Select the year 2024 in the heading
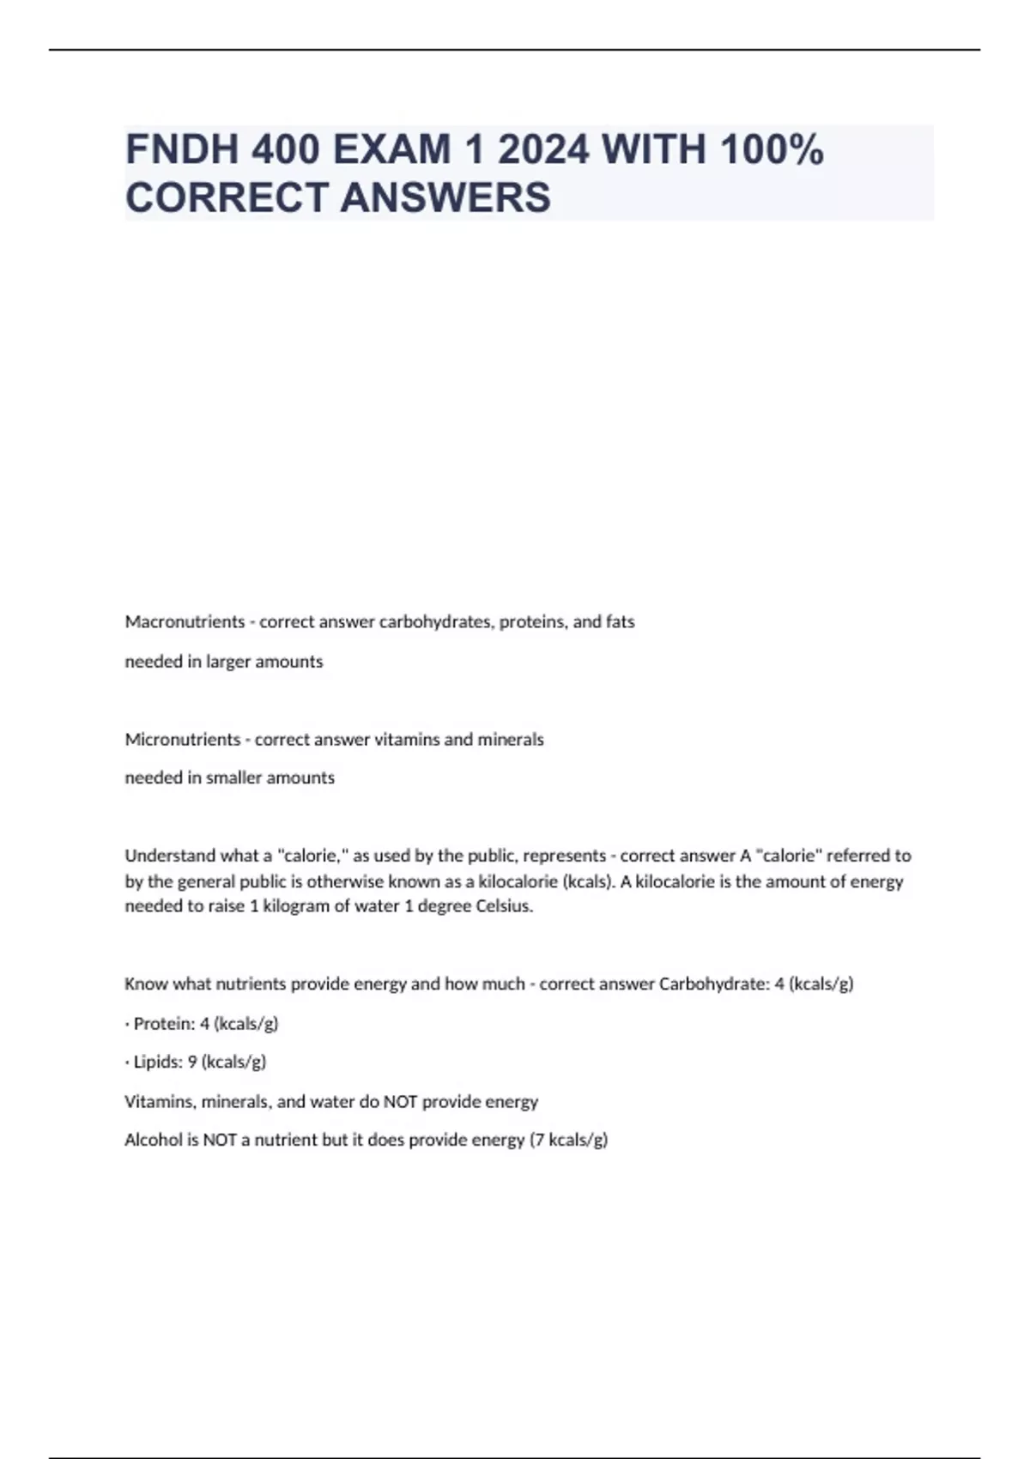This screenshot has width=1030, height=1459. point(543,149)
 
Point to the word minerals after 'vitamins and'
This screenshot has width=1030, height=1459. point(511,739)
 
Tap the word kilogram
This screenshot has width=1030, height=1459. point(296,906)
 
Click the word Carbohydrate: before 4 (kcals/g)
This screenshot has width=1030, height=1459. point(714,984)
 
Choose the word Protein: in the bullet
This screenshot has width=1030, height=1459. point(164,1023)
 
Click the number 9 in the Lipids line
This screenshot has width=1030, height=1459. point(192,1062)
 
